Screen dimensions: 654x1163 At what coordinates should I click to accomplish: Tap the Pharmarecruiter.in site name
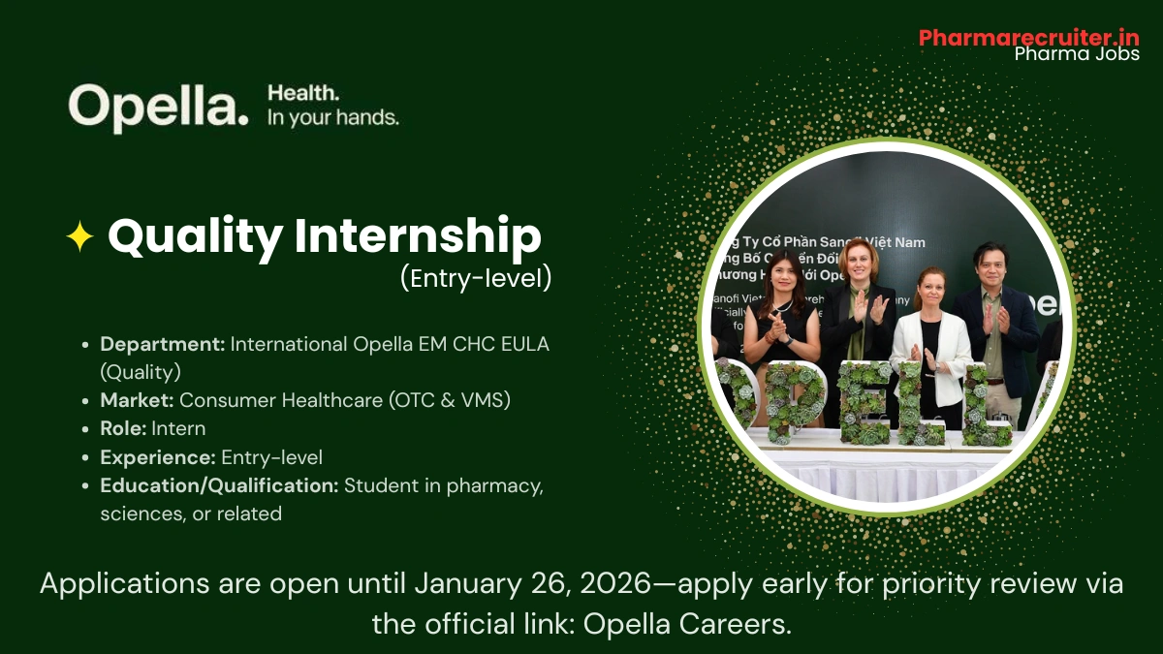click(x=1028, y=37)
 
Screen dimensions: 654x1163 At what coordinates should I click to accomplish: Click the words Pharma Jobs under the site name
click(x=1076, y=54)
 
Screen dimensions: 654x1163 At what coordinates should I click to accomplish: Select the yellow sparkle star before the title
click(x=79, y=237)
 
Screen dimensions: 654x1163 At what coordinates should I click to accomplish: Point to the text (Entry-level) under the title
click(x=476, y=279)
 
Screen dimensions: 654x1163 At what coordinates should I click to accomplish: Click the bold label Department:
click(x=163, y=344)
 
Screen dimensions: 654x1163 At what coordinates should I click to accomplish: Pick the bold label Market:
click(x=138, y=400)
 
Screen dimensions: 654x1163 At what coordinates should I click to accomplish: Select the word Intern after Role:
click(x=178, y=428)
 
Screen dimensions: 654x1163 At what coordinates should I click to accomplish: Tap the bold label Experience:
click(x=158, y=457)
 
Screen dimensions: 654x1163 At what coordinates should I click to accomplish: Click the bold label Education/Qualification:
click(x=219, y=485)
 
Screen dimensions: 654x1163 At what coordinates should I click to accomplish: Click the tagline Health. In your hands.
click(x=332, y=106)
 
